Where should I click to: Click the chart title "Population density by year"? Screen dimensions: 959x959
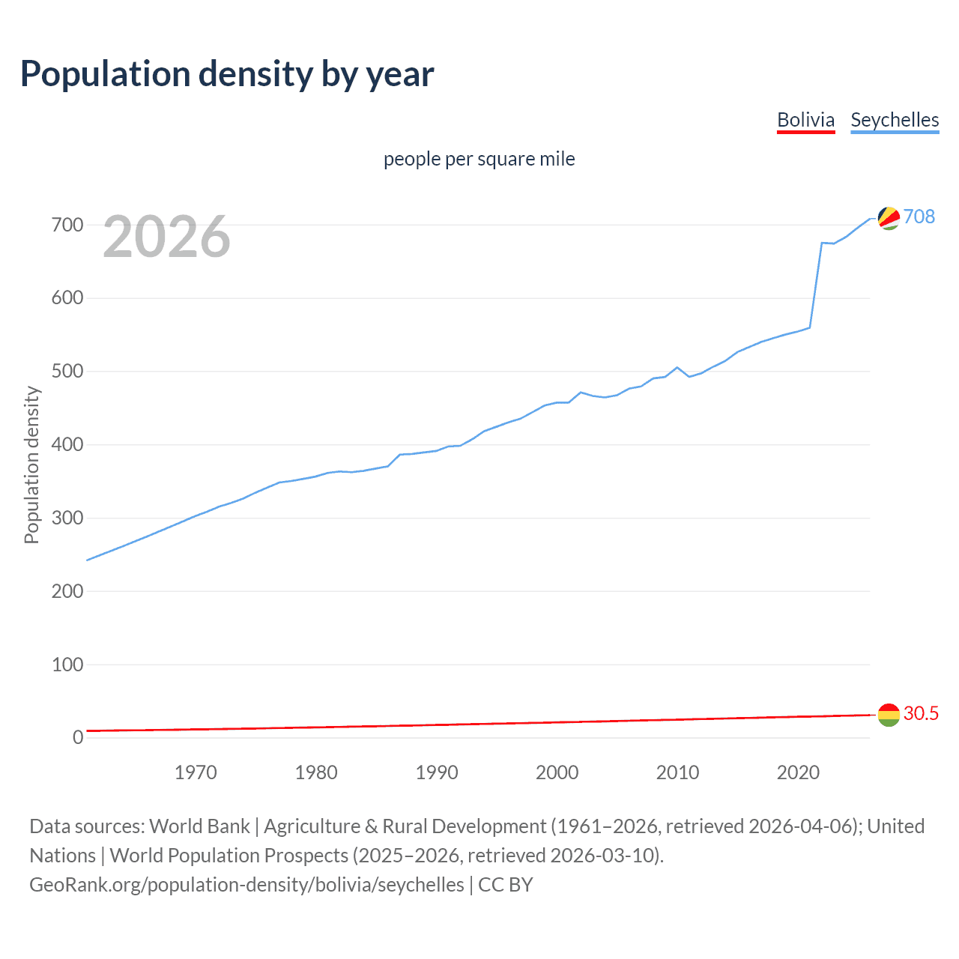(x=227, y=74)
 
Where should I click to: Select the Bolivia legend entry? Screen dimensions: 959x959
(x=805, y=120)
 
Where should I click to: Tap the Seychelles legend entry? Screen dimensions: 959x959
(x=895, y=120)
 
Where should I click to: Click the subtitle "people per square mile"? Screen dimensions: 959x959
(x=479, y=159)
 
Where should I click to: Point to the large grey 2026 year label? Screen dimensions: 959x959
(x=166, y=237)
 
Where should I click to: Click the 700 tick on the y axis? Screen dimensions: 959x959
(x=67, y=225)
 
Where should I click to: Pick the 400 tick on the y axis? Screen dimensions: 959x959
(x=67, y=445)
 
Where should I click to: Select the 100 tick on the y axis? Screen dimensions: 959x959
(x=67, y=665)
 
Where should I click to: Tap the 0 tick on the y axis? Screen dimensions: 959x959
(x=78, y=738)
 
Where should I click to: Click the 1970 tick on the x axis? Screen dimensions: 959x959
(x=196, y=772)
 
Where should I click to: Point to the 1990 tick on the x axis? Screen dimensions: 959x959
(x=437, y=772)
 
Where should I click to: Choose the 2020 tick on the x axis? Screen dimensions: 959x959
(x=798, y=772)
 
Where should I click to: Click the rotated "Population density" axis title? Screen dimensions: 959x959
(x=31, y=465)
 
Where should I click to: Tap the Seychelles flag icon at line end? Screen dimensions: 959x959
(x=889, y=218)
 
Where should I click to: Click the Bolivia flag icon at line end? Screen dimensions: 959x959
(x=889, y=715)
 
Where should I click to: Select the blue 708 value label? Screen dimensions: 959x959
(x=919, y=217)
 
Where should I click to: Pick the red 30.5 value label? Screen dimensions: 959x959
(x=921, y=713)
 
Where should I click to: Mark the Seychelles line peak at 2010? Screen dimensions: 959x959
(x=677, y=367)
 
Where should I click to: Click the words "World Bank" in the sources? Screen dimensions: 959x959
(x=199, y=826)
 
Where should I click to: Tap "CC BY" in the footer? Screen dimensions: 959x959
(x=505, y=885)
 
